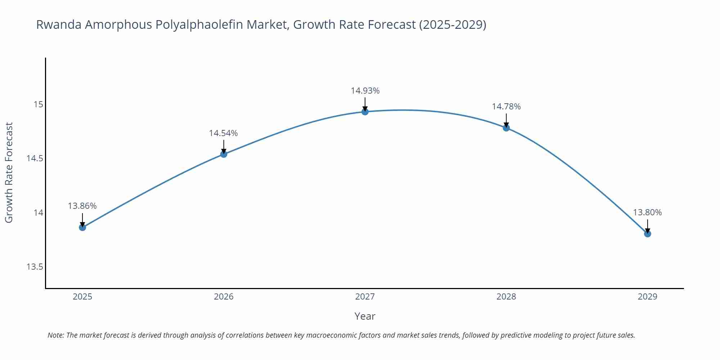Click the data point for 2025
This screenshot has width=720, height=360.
click(x=82, y=227)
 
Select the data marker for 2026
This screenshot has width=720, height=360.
click(x=224, y=154)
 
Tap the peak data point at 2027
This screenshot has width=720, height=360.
click(x=365, y=112)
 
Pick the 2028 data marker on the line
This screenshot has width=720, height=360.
click(x=506, y=128)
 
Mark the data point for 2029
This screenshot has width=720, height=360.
click(x=647, y=234)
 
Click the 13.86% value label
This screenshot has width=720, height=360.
click(x=82, y=206)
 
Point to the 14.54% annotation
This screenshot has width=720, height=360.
click(x=224, y=133)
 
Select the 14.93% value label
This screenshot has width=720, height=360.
click(x=365, y=91)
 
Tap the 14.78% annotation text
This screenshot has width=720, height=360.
click(x=506, y=107)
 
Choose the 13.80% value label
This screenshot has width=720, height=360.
click(x=647, y=212)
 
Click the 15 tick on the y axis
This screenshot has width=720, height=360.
click(x=38, y=104)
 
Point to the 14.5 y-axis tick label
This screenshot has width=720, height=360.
click(x=35, y=158)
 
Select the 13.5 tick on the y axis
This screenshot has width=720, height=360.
click(x=35, y=267)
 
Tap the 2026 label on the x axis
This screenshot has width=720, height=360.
click(x=224, y=297)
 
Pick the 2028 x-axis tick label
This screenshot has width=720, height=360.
click(x=506, y=297)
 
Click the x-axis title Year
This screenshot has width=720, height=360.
click(x=365, y=316)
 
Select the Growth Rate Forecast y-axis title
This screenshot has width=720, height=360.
click(x=9, y=172)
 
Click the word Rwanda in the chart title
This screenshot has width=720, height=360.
click(x=59, y=24)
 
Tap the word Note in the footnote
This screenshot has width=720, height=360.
click(x=55, y=335)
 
